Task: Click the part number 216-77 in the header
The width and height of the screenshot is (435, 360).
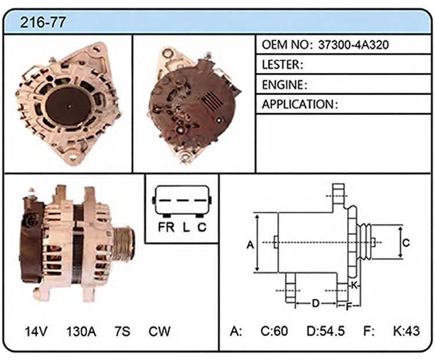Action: pos(43,22)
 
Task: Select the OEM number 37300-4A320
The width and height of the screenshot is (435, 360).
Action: pos(353,45)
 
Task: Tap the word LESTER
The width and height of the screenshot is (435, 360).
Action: pos(281,64)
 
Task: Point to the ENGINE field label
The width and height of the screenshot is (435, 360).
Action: pos(282,85)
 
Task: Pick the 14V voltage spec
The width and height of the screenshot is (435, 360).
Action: pos(36,331)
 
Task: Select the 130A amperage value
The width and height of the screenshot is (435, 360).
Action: pos(81,331)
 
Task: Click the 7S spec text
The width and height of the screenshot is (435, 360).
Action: pos(122,331)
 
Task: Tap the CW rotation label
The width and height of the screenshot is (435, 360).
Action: pos(159,331)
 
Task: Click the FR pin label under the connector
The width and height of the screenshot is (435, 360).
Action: pos(166,227)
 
